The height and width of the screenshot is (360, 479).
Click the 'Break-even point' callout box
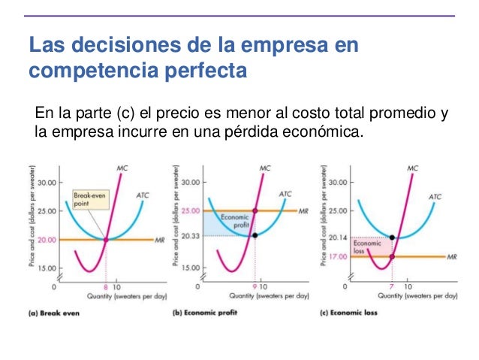pyautogui.click(x=84, y=200)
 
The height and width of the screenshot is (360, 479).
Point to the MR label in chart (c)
pyautogui.click(x=451, y=257)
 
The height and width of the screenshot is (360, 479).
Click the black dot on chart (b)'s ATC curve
pyautogui.click(x=255, y=235)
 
